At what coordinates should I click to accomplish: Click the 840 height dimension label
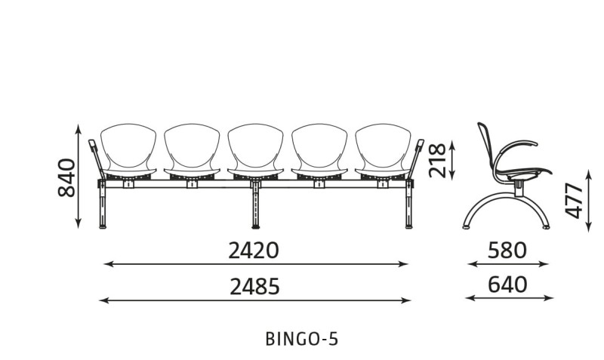click(66, 177)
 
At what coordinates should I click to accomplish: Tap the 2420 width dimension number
click(254, 251)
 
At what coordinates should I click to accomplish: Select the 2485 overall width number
click(254, 287)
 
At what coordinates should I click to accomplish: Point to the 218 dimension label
click(438, 160)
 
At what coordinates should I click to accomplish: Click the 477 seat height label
click(574, 201)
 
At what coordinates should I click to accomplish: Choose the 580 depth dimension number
click(507, 251)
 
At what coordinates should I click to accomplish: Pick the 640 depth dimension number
click(507, 285)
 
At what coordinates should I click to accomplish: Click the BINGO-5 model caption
click(301, 339)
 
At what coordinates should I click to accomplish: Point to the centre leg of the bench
click(255, 206)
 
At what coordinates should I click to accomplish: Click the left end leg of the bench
click(103, 207)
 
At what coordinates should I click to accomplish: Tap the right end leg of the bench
click(408, 207)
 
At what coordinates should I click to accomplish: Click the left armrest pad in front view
click(92, 146)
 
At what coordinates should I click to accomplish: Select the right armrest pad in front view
click(420, 146)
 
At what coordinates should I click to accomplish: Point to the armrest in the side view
click(516, 143)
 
